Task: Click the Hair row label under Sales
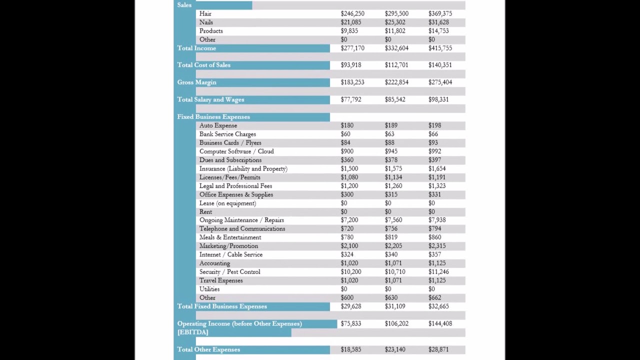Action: point(205,13)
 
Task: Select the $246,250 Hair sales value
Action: point(352,13)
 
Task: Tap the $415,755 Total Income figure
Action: point(440,48)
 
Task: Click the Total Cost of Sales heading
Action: point(203,65)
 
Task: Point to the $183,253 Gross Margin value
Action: point(352,82)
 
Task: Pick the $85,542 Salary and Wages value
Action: point(394,99)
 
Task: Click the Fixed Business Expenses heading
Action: point(213,116)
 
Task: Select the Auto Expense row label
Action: point(218,125)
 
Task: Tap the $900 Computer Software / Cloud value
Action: point(347,151)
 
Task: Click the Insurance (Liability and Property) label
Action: point(243,168)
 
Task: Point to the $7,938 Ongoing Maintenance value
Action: point(436,220)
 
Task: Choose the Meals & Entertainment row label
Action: point(230,237)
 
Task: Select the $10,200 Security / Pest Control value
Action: point(350,272)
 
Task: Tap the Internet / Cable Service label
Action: point(230,254)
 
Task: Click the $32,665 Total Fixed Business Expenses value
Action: point(438,306)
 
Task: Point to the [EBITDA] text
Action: point(192,332)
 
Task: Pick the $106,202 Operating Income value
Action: point(396,323)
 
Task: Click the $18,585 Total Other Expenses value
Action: point(350,349)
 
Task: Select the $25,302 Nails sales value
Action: point(394,22)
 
